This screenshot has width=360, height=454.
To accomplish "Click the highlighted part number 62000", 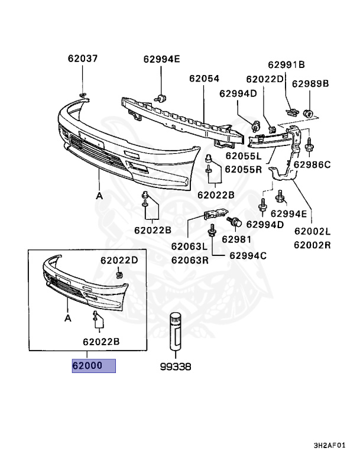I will tap(93, 365).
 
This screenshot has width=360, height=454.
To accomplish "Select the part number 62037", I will tap(83, 59).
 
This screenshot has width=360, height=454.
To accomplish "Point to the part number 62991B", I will tap(286, 64).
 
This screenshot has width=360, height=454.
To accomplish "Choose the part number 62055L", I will tap(242, 157).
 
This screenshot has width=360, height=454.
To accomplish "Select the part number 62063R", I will tap(190, 259).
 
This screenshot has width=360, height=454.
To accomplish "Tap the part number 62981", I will tap(236, 239).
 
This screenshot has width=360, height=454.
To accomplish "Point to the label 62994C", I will tap(248, 255).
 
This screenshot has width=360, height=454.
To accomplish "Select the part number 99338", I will tap(176, 367).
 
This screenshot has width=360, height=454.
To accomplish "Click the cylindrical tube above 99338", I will tap(176, 332).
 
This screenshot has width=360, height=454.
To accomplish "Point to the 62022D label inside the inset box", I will tap(118, 260).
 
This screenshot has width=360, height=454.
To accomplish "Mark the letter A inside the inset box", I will tap(68, 318).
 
